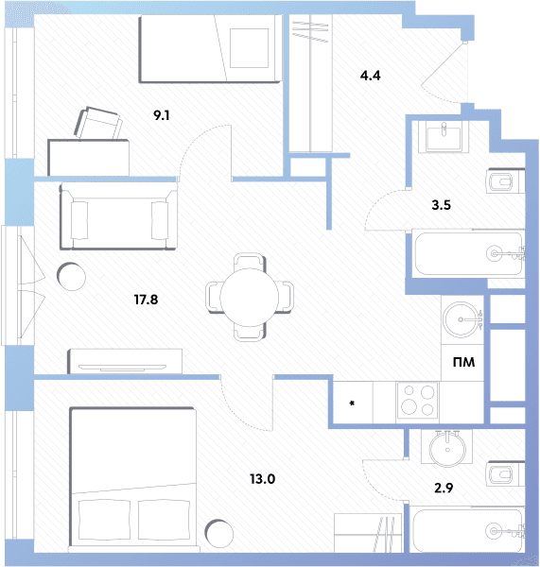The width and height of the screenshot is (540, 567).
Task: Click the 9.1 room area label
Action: point(162,115)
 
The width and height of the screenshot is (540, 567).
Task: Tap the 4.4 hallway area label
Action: point(371,76)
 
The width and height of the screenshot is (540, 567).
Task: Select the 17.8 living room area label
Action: point(146,300)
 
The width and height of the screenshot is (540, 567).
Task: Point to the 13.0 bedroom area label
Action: point(262,479)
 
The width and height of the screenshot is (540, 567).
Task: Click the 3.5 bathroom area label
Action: point(442,205)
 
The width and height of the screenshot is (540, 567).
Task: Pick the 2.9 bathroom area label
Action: point(444,489)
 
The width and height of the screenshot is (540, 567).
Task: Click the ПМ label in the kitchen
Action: point(463,362)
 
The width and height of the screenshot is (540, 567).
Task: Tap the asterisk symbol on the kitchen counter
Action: point(352,403)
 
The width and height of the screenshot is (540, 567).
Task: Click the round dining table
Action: point(249,298)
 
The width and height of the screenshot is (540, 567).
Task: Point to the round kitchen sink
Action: point(462,319)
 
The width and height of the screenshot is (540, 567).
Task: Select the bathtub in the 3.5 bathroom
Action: point(469,253)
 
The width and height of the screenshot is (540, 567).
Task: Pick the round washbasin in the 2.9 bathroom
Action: point(447,448)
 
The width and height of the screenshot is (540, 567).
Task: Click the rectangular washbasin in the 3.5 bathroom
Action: point(444,137)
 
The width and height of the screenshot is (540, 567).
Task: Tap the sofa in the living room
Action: point(119,215)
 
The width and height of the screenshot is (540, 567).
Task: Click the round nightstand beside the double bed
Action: point(219,533)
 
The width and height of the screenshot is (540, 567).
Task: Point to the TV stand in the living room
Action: point(125,361)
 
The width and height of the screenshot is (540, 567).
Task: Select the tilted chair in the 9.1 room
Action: point(98,123)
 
